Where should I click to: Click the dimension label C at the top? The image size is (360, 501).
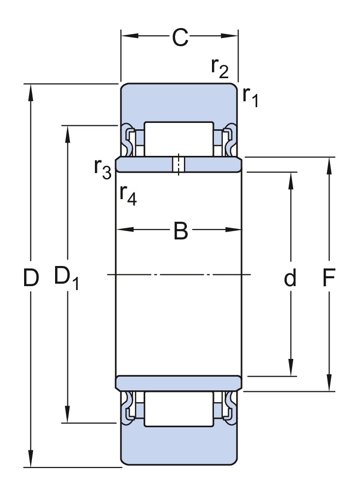(180, 38)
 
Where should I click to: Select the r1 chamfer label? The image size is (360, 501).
(250, 97)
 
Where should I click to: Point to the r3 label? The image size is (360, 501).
(103, 169)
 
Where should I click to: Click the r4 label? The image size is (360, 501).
(128, 195)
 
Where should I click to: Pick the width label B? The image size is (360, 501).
(180, 231)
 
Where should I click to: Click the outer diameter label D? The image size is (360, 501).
(31, 277)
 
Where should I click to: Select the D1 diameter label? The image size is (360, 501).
(66, 278)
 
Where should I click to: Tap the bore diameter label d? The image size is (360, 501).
(290, 277)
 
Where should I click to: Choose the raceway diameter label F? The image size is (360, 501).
(329, 277)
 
